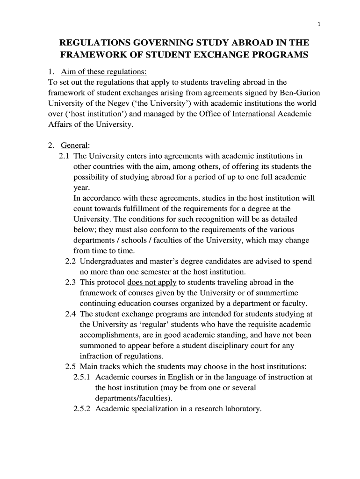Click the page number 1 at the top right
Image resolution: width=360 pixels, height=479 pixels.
(x=318, y=25)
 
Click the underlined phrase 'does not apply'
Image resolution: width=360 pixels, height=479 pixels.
(x=151, y=282)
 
